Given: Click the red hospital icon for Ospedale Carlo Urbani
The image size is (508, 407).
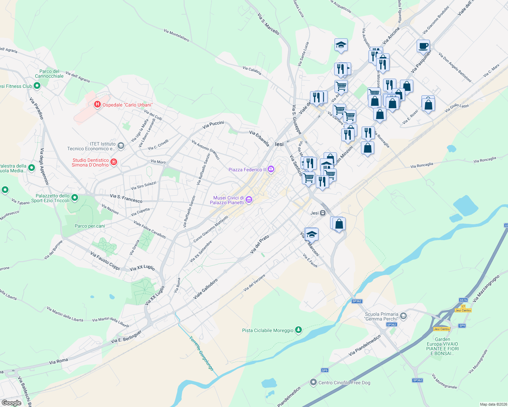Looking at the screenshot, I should point(97,104).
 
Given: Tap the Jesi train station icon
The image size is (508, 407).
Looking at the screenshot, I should point(323,213).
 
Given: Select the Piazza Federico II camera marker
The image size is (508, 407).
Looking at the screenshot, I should point(271,169).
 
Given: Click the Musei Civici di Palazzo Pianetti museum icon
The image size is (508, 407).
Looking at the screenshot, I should point(249,200).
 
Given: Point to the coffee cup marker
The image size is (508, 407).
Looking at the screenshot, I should point(423,46).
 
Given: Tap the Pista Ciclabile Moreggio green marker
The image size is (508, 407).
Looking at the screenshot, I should point(298,330).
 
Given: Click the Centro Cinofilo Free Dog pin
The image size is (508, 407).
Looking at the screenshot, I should point(313,382).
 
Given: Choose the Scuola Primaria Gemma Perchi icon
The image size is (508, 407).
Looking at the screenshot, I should point(403,316).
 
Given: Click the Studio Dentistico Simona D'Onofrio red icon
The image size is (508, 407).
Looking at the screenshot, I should point(114,162).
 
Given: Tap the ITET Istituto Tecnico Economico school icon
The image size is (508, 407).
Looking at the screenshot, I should point(121,146).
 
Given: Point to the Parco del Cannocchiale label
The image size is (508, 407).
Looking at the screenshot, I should point(49,74).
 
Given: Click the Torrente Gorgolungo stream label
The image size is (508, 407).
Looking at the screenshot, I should point(201,353).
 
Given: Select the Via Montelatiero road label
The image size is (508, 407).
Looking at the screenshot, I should point(176,35).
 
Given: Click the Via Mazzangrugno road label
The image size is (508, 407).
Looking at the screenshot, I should point(486,288).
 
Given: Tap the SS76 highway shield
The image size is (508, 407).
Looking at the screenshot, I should point(463,300).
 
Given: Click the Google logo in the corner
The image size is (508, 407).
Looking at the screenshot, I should point(12,403).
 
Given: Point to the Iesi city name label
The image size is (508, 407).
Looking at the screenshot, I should point(279,144).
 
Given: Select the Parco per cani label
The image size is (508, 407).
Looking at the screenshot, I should point(90,226).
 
